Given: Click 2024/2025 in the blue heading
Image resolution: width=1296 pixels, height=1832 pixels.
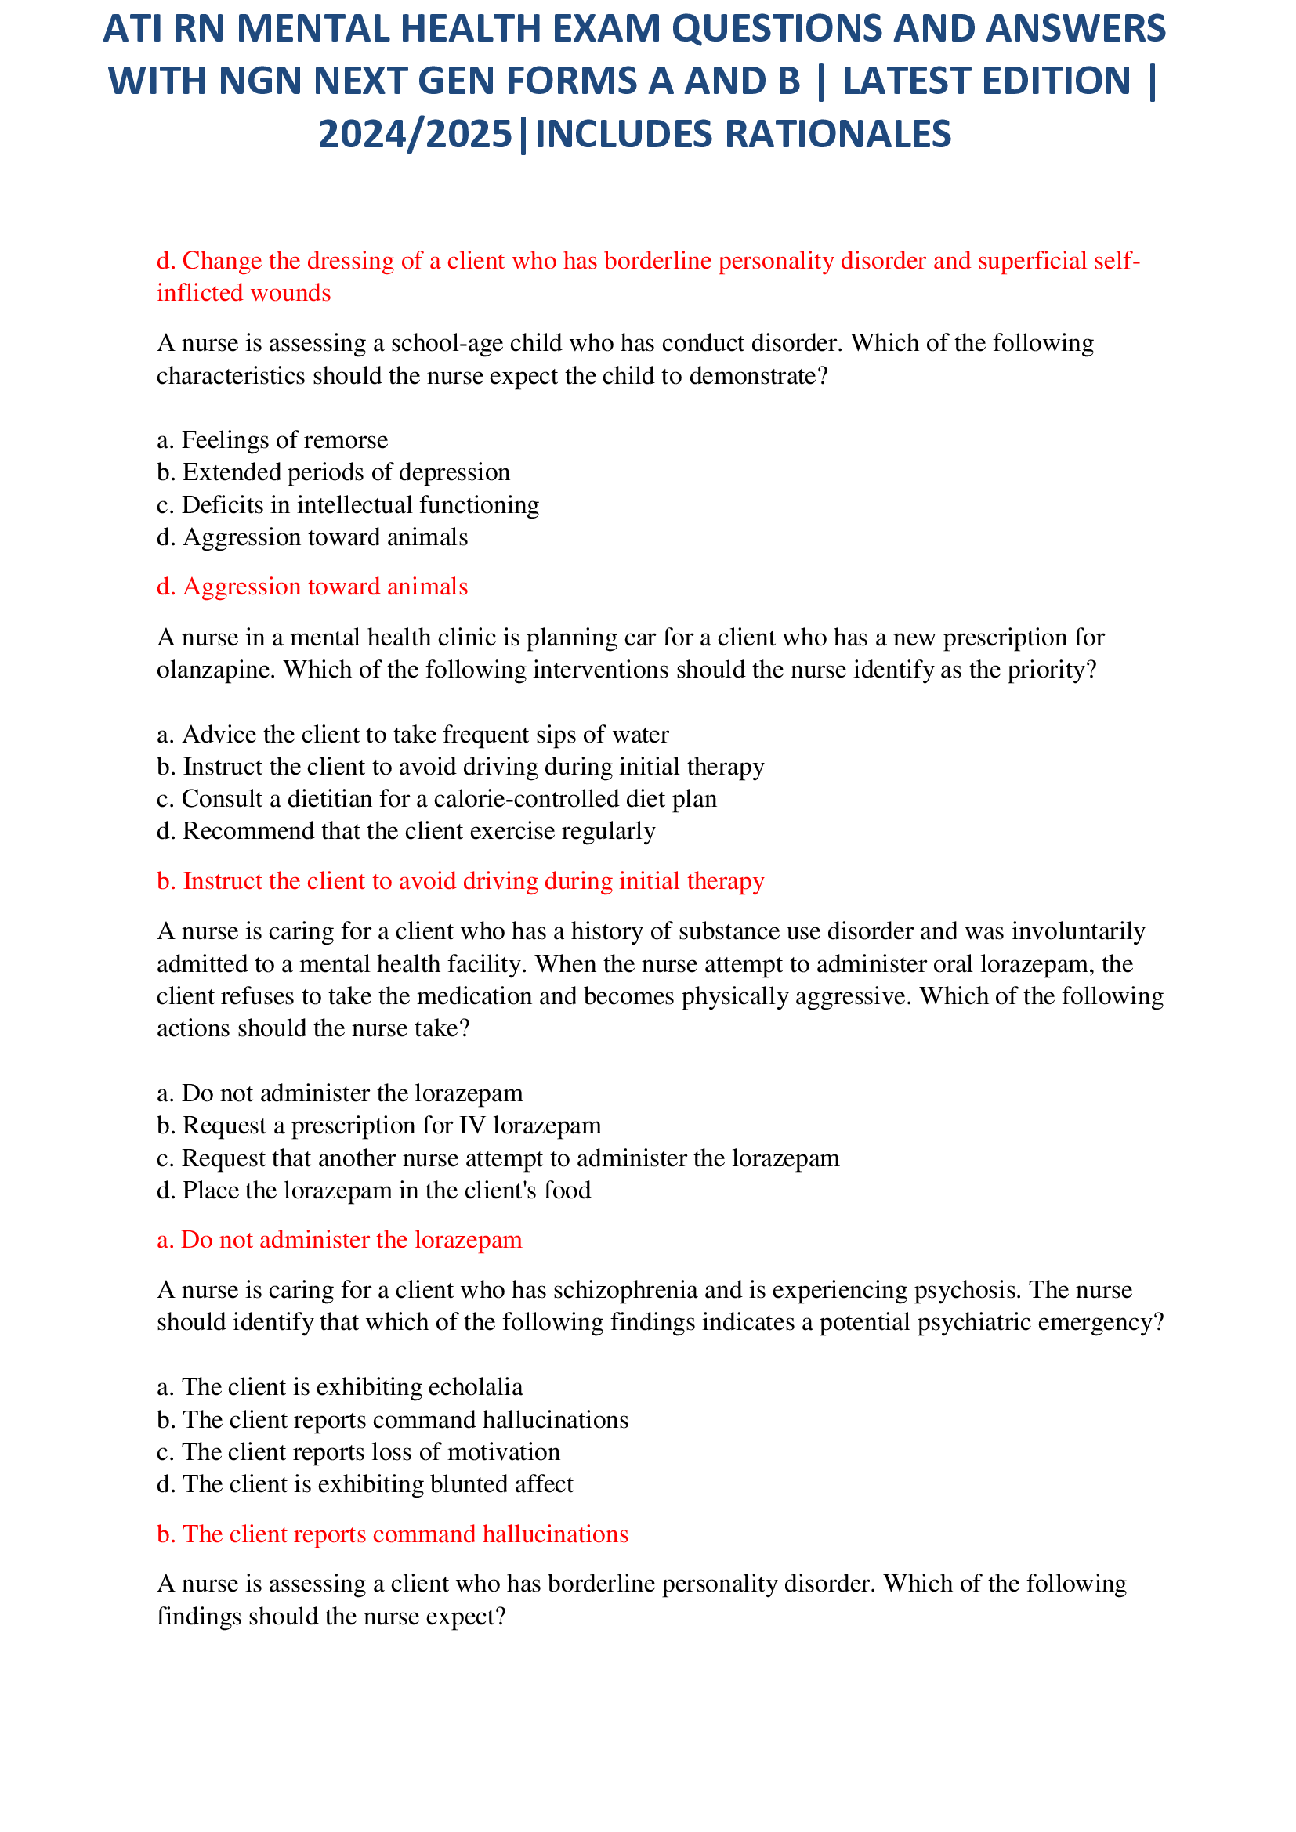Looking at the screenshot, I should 415,134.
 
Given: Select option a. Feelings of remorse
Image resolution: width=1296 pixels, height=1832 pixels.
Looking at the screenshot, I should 272,439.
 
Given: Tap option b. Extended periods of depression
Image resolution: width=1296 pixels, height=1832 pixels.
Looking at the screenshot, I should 333,472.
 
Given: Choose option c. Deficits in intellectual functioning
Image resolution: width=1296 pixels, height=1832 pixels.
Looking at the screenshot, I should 348,505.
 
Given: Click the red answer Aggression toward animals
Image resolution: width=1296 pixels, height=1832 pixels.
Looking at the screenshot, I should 312,587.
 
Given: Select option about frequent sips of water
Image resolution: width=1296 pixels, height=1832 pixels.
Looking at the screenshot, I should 413,734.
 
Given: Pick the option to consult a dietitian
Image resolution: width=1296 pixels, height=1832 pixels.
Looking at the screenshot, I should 436,799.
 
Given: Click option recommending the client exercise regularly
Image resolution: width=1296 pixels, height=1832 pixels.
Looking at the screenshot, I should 406,832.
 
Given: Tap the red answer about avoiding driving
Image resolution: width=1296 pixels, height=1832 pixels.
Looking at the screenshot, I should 461,881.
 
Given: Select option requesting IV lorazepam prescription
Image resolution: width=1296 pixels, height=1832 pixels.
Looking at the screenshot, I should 379,1125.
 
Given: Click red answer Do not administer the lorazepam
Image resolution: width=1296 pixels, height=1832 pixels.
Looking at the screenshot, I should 339,1240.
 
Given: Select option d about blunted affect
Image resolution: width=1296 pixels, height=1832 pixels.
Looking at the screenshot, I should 364,1484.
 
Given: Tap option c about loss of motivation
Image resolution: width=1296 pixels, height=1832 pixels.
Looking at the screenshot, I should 358,1451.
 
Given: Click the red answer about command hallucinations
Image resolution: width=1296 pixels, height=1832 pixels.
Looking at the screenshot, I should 393,1534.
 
